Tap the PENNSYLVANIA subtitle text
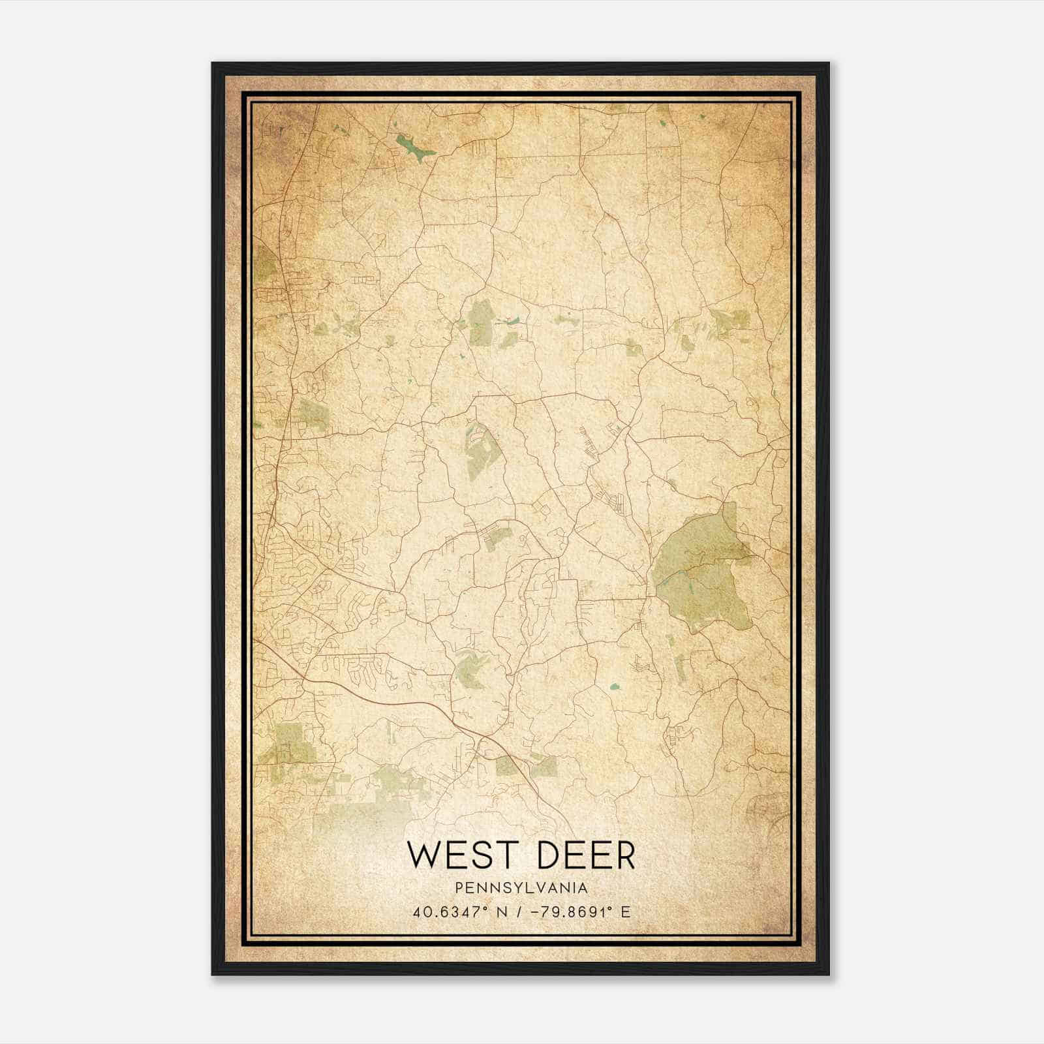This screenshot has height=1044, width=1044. pos(521,888)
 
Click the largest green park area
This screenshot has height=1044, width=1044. pos(701,574)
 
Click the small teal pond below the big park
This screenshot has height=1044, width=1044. pos(614,687)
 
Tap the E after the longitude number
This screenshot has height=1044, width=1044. pos(626,912)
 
